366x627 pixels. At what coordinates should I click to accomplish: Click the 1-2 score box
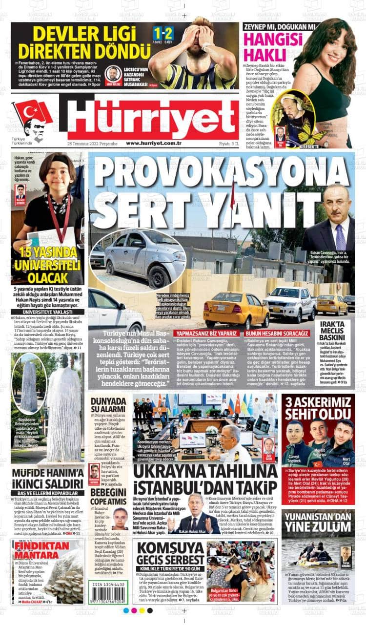(x=163, y=34)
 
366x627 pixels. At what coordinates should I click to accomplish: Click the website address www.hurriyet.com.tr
(x=154, y=143)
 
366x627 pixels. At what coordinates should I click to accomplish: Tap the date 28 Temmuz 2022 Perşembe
(x=93, y=144)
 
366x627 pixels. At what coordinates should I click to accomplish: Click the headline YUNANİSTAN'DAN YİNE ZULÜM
(x=318, y=522)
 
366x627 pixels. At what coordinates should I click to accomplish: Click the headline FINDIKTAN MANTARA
(x=42, y=550)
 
